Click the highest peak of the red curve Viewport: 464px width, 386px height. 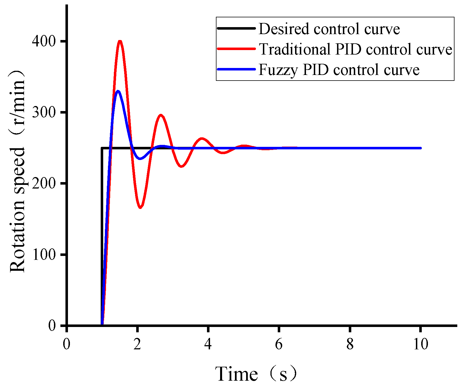[120, 42]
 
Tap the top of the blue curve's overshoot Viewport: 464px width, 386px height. [118, 91]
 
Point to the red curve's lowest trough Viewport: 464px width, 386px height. [140, 207]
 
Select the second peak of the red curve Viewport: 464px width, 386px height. [161, 115]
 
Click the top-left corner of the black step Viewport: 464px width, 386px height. [102, 148]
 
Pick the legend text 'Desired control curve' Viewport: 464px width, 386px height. [329, 29]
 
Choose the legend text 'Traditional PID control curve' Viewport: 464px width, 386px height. [355, 49]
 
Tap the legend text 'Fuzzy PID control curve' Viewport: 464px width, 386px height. [339, 69]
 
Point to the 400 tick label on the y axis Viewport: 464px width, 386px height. [44, 41]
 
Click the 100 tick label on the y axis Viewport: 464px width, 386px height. [44, 255]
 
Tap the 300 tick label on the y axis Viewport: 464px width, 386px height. [44, 112]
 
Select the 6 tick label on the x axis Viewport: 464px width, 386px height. [279, 344]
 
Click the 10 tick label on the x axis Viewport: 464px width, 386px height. [420, 344]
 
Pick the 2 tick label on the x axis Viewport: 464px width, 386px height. [137, 344]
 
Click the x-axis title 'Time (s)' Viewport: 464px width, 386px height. [256, 374]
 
